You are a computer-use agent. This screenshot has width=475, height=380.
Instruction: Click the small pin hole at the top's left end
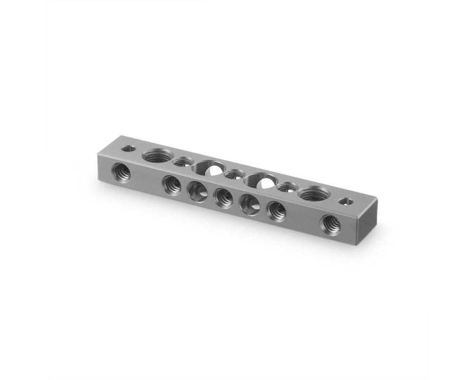point(127,148)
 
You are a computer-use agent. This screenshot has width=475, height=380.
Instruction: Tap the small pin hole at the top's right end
point(348,201)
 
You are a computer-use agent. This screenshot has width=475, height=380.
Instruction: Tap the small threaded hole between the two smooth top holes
point(232,174)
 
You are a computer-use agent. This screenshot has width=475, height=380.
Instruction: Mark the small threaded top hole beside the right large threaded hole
point(285,187)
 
